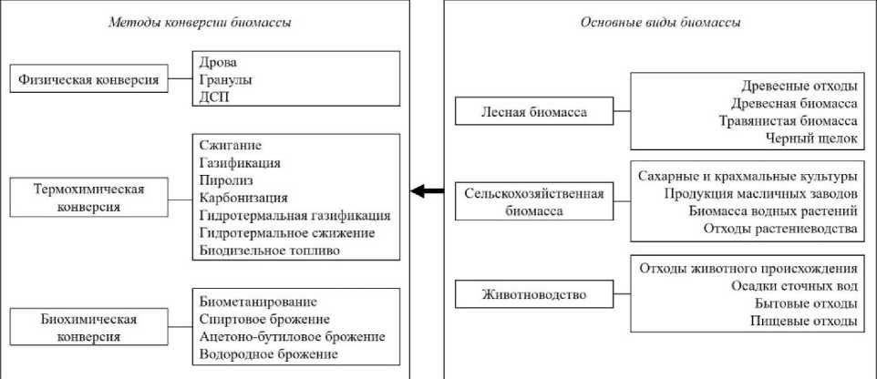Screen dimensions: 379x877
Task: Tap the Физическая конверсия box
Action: pos(88,80)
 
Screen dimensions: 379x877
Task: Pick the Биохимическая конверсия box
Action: pos(88,328)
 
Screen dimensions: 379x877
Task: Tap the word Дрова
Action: pos(217,63)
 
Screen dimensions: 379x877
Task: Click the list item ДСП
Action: pos(215,97)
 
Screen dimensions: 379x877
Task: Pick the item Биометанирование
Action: pos(257,302)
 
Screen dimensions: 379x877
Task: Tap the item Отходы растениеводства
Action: pos(780,228)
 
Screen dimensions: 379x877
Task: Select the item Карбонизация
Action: pos(242,198)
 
